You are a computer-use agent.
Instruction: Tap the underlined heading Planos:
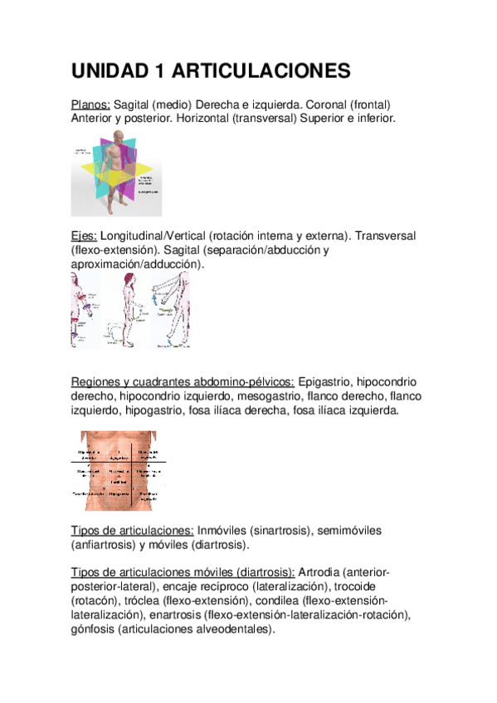(x=90, y=104)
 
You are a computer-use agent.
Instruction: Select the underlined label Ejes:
(x=84, y=236)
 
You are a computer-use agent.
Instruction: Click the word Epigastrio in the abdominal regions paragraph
(x=324, y=381)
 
